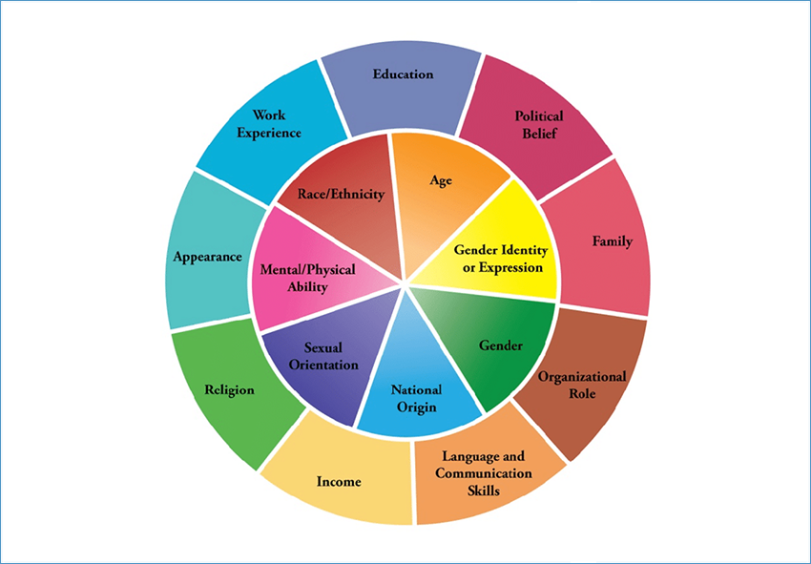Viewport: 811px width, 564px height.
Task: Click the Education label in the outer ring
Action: click(x=404, y=74)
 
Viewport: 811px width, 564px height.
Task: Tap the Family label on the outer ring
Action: click(x=612, y=241)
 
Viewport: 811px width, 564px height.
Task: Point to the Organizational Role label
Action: click(x=582, y=385)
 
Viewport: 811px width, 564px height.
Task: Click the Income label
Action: click(x=339, y=482)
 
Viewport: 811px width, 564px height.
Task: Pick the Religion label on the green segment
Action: click(x=229, y=389)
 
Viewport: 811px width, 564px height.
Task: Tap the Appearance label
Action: click(x=207, y=257)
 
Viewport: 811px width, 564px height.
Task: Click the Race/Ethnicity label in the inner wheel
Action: click(x=341, y=194)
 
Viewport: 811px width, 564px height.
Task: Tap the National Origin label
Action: click(x=416, y=399)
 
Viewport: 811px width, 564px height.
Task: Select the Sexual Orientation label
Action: click(x=324, y=356)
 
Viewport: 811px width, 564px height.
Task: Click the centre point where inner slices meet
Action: click(x=406, y=284)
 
